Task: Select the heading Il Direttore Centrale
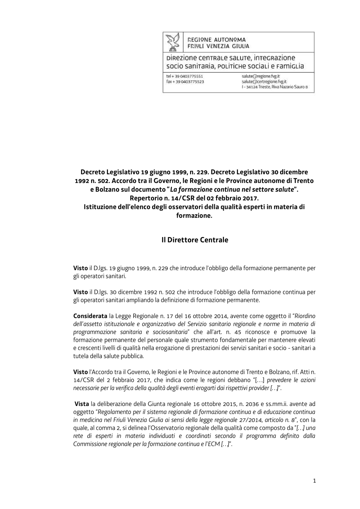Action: tap(195, 240)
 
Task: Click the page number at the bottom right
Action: tap(314, 481)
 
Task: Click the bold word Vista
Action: tap(82, 404)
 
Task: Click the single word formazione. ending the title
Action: tap(194, 215)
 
